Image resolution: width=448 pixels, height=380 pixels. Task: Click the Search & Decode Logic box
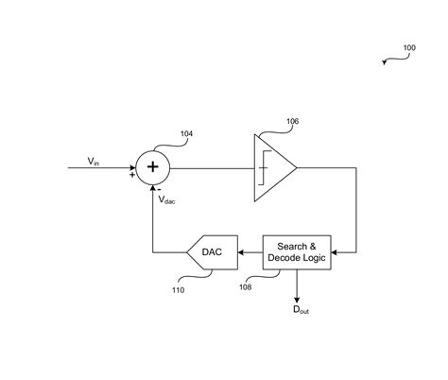tap(297, 251)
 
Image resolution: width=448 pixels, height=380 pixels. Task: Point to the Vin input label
tap(94, 161)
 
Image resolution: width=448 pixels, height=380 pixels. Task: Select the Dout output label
tap(299, 309)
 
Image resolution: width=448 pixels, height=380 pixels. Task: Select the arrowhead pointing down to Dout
tap(297, 295)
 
